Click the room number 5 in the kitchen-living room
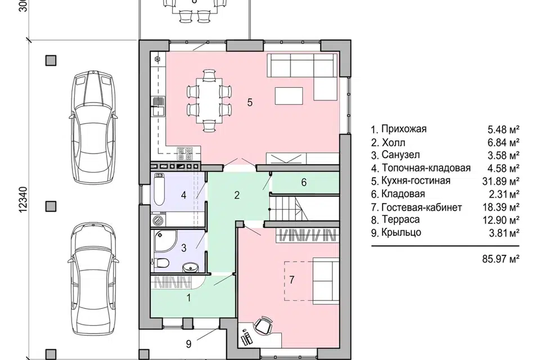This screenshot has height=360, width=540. pyautogui.click(x=250, y=102)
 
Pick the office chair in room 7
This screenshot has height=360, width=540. pyautogui.click(x=263, y=325)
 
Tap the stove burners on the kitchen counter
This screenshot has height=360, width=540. pyautogui.click(x=185, y=154)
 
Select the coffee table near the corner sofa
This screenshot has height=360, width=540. pyautogui.click(x=289, y=96)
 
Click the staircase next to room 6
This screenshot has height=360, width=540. pyautogui.click(x=303, y=209)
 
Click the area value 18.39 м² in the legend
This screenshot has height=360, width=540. pyautogui.click(x=501, y=208)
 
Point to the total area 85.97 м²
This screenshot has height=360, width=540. pyautogui.click(x=501, y=259)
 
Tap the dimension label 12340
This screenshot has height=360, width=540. pyautogui.click(x=22, y=200)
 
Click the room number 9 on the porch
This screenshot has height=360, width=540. pyautogui.click(x=188, y=344)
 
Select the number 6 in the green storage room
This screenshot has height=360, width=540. pyautogui.click(x=304, y=182)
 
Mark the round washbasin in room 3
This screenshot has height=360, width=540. pyautogui.click(x=188, y=267)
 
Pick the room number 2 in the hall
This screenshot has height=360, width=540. pyautogui.click(x=237, y=195)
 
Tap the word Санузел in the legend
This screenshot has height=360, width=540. pyautogui.click(x=400, y=155)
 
